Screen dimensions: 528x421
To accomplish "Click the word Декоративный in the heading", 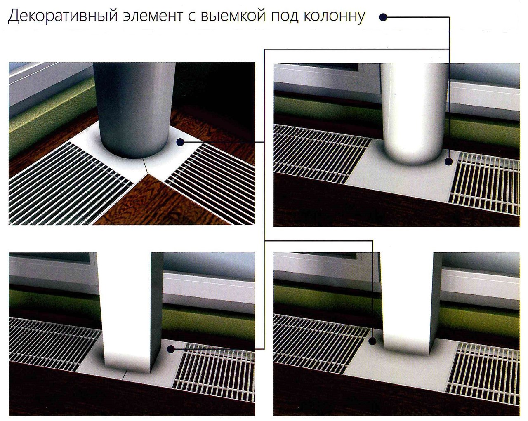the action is pos(63,16).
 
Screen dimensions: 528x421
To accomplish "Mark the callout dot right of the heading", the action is pos(383,17).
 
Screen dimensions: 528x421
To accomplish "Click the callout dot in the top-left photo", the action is pos(180,142).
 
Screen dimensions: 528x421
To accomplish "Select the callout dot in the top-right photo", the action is pos(449,162).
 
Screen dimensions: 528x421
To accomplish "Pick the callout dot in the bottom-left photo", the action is pos(171,349).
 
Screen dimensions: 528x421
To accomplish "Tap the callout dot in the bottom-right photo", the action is pos(372,341).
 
